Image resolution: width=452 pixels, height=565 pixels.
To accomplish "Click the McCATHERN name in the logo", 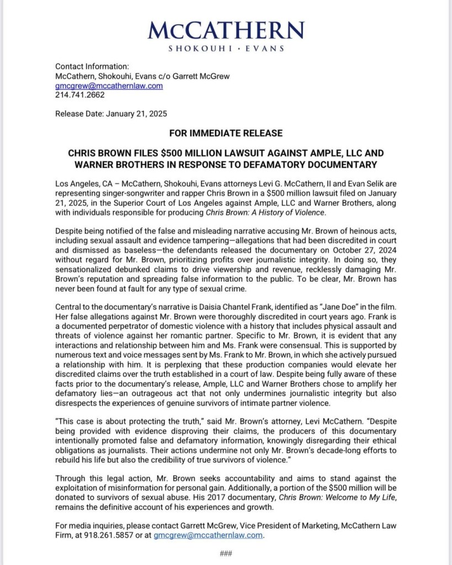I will [226, 30].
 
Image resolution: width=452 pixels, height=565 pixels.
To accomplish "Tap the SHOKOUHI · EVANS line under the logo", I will [226, 49].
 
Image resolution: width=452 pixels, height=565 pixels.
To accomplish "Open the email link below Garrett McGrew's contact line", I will [109, 86].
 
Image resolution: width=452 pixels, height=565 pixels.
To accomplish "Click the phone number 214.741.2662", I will [80, 95].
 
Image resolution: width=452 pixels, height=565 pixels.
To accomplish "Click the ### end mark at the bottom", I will [225, 553].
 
